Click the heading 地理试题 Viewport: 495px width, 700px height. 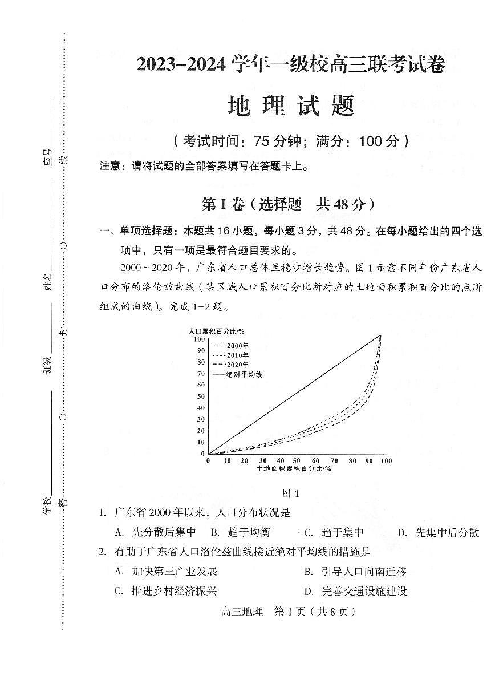[291, 106]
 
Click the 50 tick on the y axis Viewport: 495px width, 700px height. [201, 396]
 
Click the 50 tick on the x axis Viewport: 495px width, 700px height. [297, 461]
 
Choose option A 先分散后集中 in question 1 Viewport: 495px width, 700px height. [156, 532]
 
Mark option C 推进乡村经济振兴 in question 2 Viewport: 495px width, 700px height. [167, 591]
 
